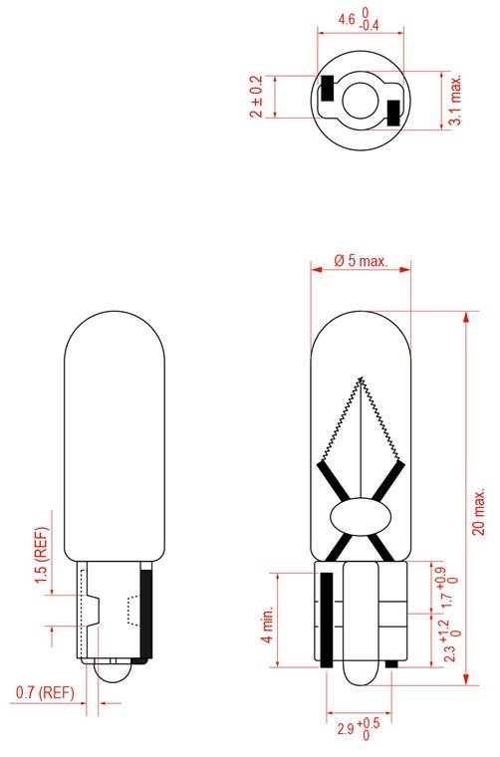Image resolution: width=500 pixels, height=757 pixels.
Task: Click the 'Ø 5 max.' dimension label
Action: click(360, 260)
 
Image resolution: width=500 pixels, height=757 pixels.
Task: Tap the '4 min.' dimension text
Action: click(267, 623)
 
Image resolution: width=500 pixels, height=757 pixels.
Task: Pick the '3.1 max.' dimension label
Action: click(455, 100)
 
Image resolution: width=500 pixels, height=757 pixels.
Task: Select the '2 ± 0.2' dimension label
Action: click(258, 97)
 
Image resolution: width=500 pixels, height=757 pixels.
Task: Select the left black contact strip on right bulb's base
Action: click(326, 618)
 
